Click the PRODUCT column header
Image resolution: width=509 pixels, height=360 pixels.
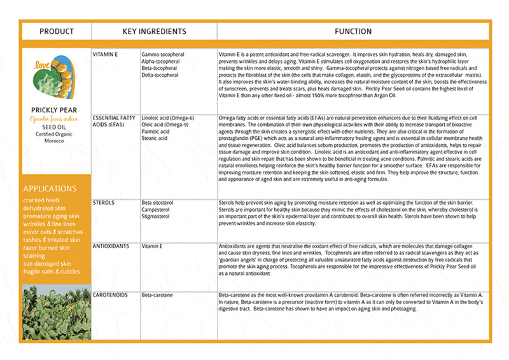click(56, 31)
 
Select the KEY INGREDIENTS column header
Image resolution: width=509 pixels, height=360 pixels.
click(154, 31)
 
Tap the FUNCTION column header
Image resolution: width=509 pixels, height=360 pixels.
click(353, 31)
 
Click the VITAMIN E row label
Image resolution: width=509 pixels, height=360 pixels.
click(105, 55)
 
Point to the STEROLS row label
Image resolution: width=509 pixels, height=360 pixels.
click(104, 203)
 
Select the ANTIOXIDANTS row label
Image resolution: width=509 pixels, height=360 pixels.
click(111, 246)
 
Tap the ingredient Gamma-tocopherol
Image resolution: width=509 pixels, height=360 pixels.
click(163, 55)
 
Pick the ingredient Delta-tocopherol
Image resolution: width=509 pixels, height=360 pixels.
click(160, 75)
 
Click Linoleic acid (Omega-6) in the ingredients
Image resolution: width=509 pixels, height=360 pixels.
click(168, 118)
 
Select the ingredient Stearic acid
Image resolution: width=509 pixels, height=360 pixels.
click(155, 138)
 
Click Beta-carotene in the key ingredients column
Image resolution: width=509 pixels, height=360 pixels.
click(158, 296)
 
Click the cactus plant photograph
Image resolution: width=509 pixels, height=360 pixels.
click(56, 312)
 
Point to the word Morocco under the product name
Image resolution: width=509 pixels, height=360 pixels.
click(55, 140)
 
